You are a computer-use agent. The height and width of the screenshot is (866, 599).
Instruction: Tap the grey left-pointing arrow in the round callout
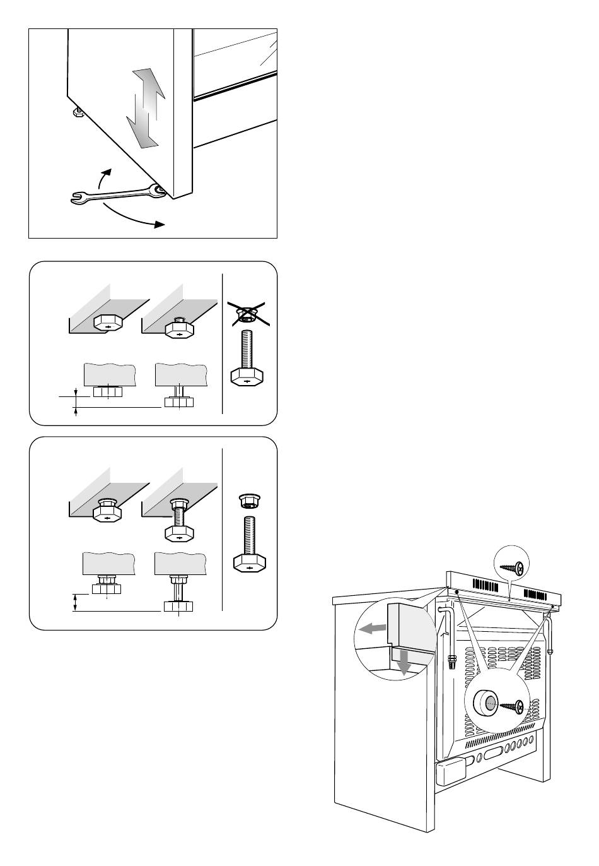(x=371, y=629)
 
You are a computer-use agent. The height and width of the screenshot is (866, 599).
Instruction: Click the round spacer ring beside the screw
(x=484, y=702)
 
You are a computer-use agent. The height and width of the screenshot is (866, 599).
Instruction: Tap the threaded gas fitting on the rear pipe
(x=451, y=662)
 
